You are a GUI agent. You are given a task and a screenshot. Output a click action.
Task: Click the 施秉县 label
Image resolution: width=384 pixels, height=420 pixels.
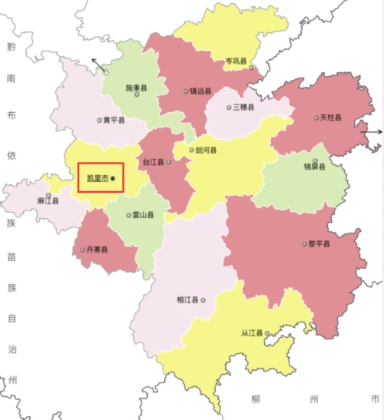click(136, 88)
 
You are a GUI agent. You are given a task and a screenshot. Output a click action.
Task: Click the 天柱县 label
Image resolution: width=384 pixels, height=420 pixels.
click(330, 117)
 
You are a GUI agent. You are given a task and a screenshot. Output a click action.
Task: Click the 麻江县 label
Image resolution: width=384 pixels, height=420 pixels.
click(48, 200)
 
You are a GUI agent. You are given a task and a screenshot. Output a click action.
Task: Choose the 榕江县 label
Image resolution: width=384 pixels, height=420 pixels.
click(187, 300)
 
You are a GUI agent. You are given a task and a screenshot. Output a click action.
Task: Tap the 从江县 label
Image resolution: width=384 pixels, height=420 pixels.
click(251, 334)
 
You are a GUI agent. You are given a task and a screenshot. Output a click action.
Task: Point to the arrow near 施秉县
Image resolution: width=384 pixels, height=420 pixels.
click(98, 65)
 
